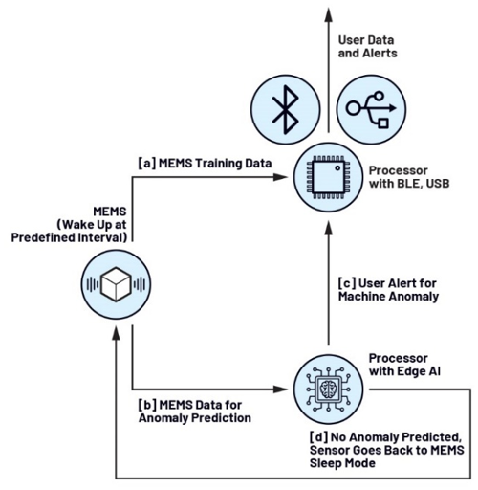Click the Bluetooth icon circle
(x=286, y=109)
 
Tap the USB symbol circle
(x=371, y=109)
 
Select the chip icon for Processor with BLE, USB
(x=328, y=177)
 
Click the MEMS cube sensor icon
(x=116, y=284)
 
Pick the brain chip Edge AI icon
(x=328, y=390)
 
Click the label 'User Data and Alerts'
(x=367, y=47)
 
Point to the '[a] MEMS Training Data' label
(x=205, y=164)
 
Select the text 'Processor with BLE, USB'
(x=409, y=177)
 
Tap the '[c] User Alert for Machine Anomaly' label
(x=388, y=290)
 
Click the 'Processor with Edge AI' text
(x=404, y=365)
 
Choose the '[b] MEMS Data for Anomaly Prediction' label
(x=195, y=412)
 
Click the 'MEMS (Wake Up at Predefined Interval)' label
(x=69, y=225)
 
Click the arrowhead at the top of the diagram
(x=328, y=14)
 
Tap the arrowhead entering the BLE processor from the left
(x=280, y=177)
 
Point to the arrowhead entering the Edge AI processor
(x=280, y=390)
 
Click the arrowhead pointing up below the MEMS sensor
(x=116, y=334)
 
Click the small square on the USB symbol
(x=383, y=122)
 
